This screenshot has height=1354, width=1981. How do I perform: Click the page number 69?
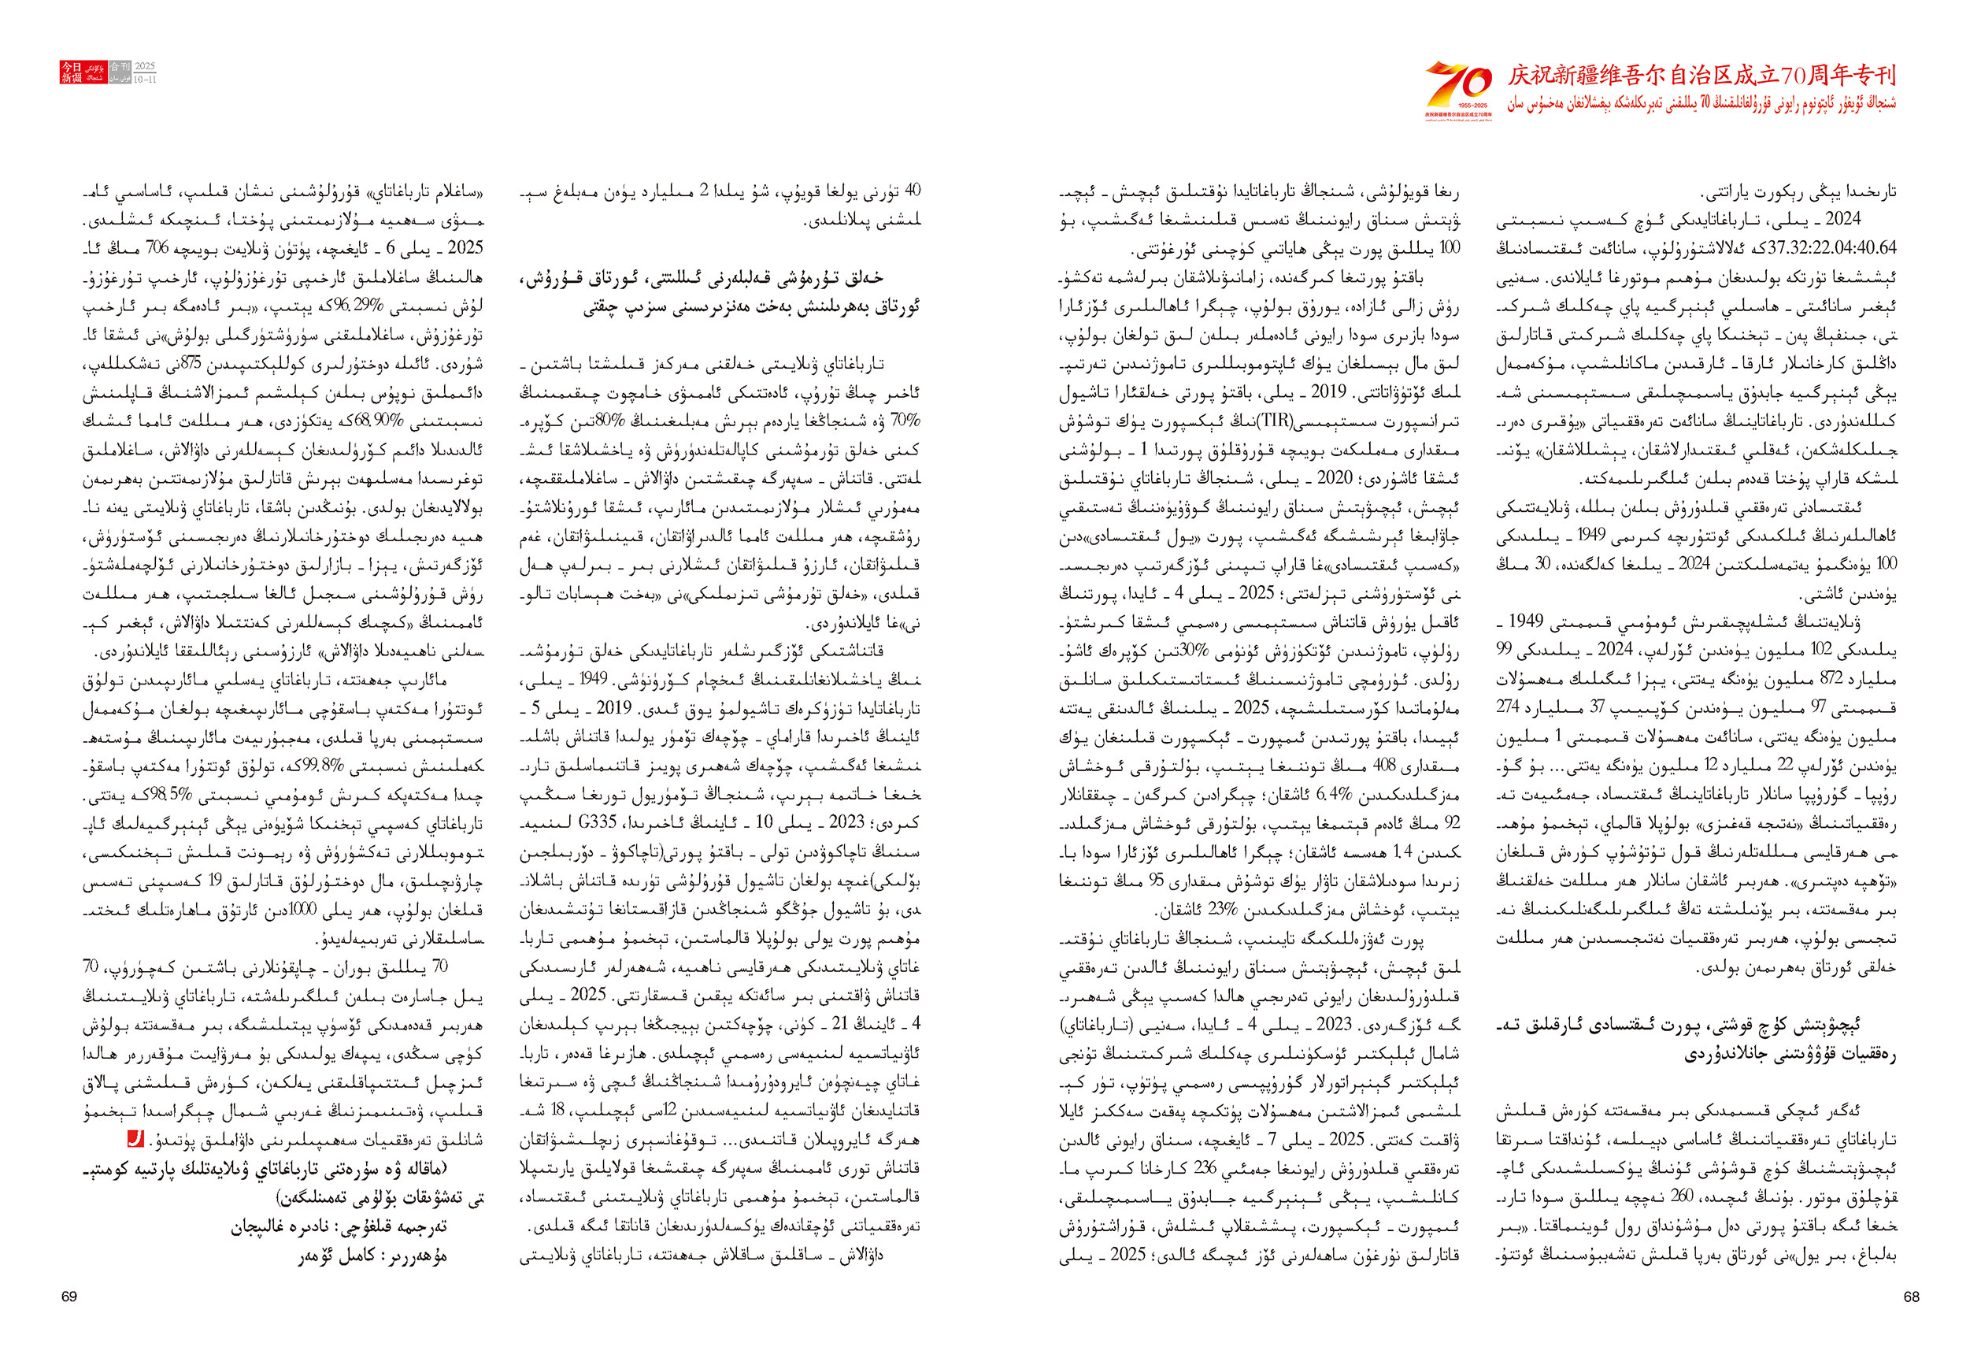(x=69, y=1296)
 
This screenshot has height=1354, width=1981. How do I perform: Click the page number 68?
(x=1911, y=1296)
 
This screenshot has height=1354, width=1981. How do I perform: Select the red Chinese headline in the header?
(x=1701, y=76)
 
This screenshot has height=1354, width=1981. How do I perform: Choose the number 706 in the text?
(x=157, y=248)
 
